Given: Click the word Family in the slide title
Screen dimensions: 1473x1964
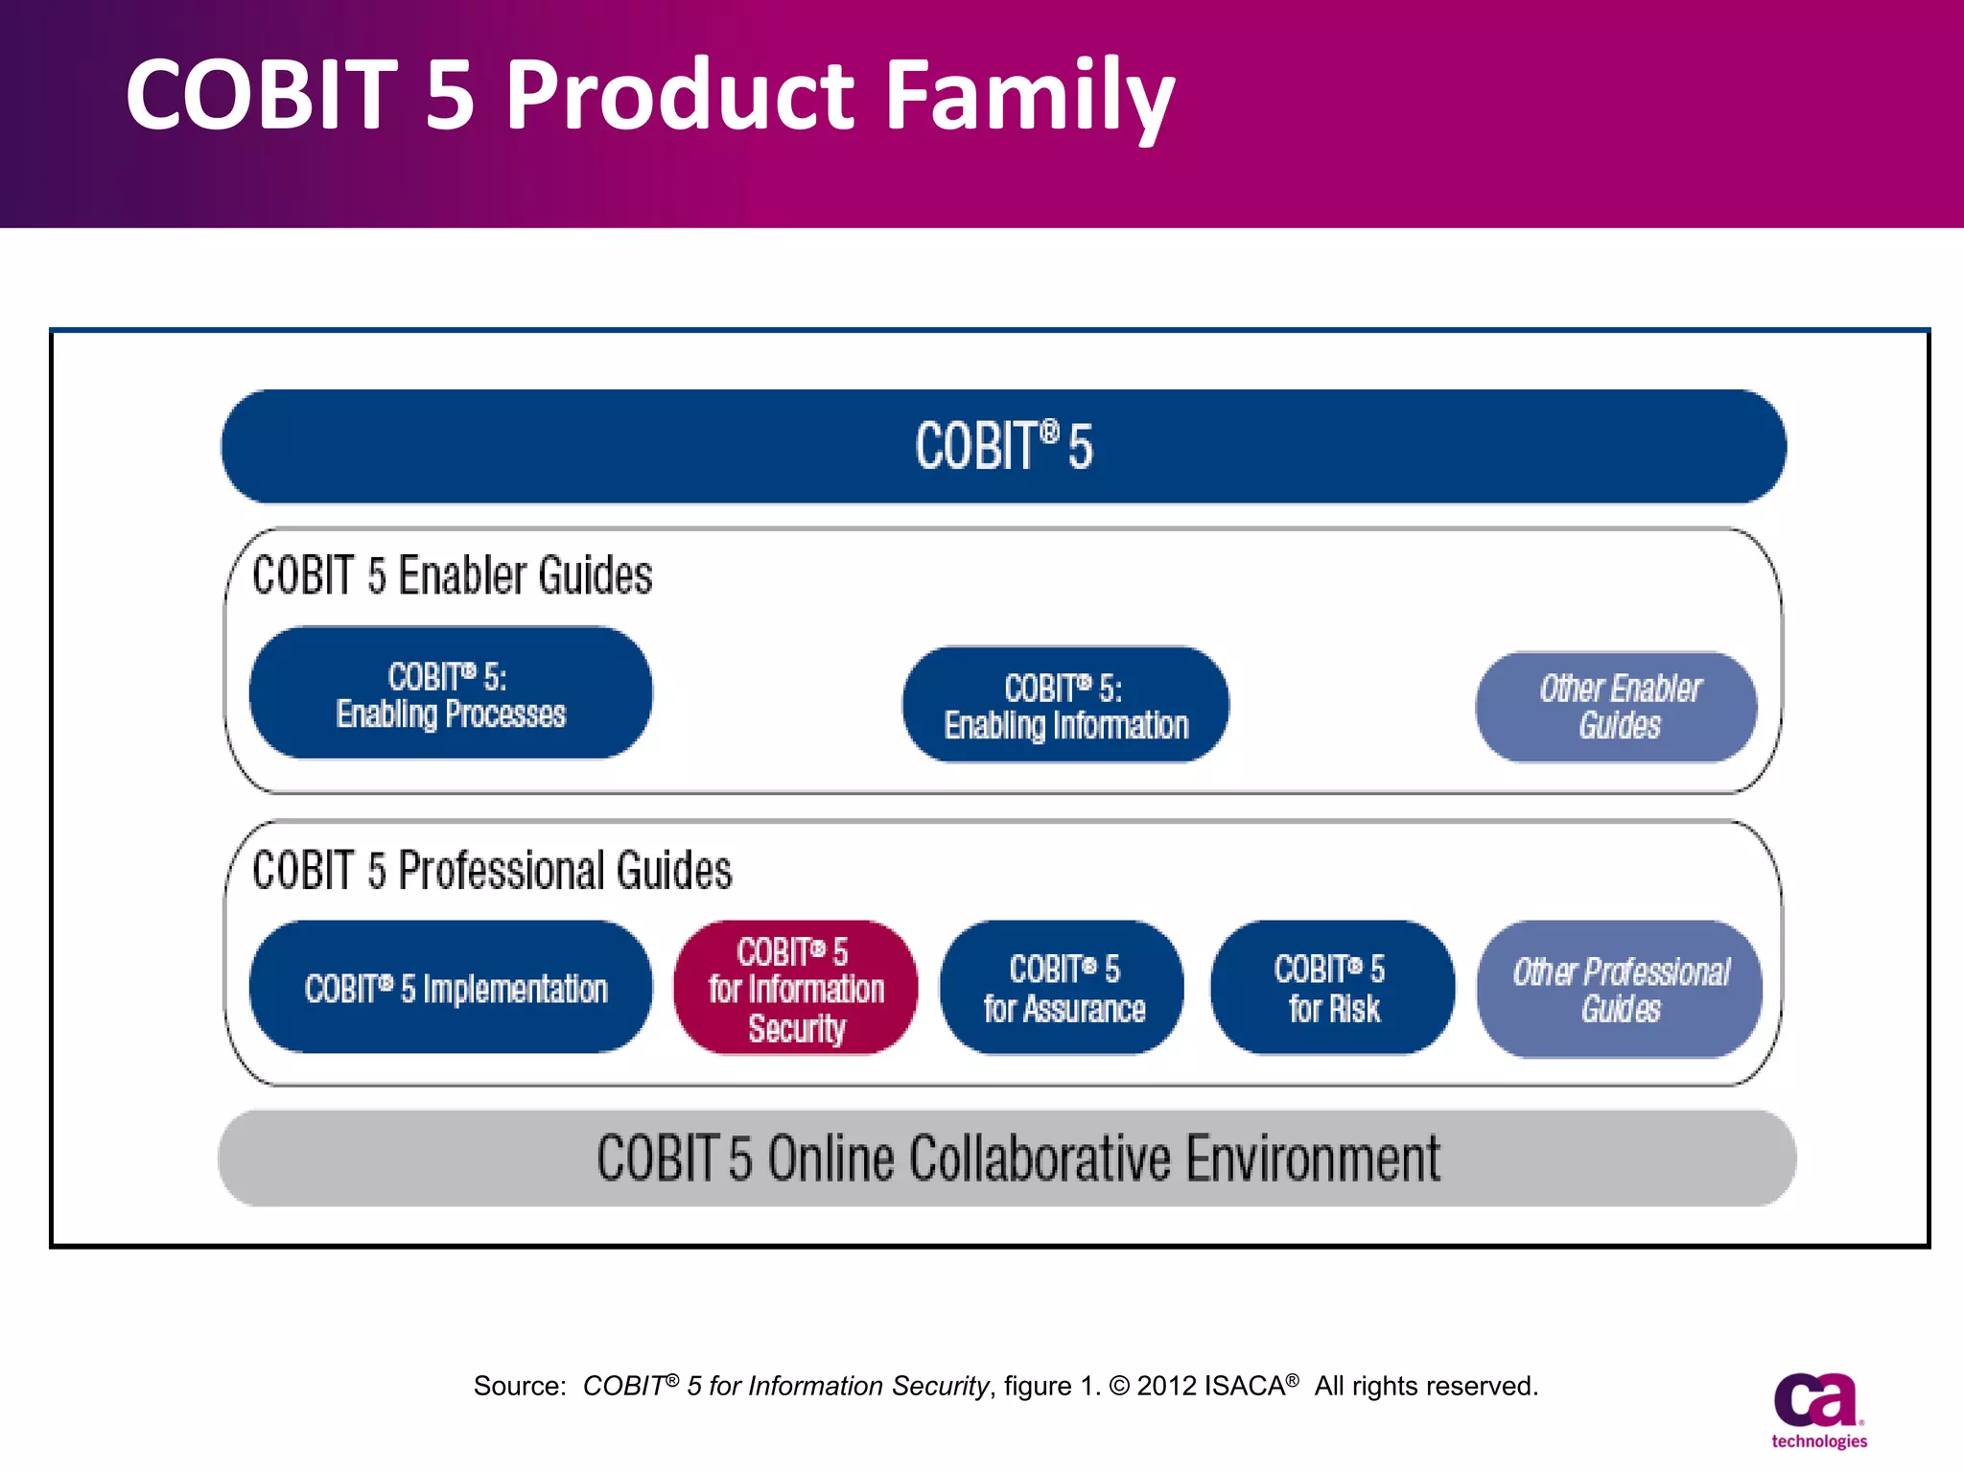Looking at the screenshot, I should click(x=1030, y=96).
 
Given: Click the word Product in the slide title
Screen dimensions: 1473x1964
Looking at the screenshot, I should click(x=679, y=96).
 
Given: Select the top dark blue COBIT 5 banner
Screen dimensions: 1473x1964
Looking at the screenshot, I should click(x=1003, y=447).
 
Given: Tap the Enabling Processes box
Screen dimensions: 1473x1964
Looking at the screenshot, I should click(x=451, y=694).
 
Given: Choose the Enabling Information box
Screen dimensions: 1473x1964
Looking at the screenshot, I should click(x=1065, y=706).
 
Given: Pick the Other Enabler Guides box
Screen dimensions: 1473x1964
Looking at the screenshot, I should click(x=1618, y=707).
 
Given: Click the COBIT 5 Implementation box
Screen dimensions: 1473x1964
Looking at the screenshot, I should click(x=451, y=989).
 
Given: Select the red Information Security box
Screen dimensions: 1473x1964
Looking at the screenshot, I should click(x=795, y=989).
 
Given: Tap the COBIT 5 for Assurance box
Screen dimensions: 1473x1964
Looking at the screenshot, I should click(x=1063, y=989).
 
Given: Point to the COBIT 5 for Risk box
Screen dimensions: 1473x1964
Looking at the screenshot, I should click(x=1332, y=989).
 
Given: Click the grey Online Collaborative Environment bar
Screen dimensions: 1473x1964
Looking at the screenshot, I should click(x=1007, y=1158).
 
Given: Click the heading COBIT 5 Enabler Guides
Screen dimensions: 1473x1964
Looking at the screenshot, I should click(x=452, y=576).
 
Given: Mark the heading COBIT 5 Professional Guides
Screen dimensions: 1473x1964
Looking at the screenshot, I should click(x=492, y=871).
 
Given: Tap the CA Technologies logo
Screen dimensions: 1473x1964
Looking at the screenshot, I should click(x=1818, y=1410).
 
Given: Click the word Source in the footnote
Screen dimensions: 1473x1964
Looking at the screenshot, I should click(x=519, y=1387).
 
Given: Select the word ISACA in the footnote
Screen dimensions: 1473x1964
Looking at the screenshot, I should click(x=1245, y=1387).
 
